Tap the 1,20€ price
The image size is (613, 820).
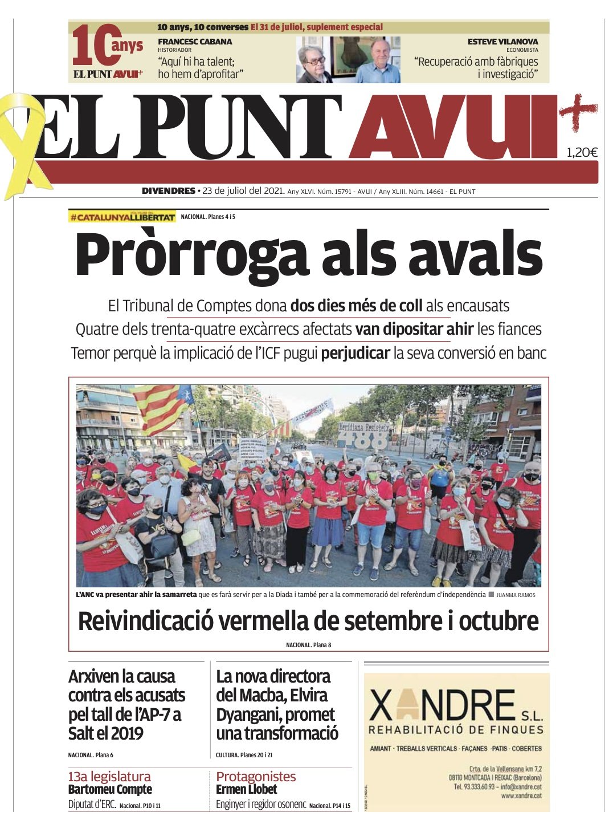(582, 152)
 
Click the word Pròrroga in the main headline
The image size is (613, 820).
(191, 255)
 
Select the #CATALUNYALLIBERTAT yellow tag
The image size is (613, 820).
(122, 217)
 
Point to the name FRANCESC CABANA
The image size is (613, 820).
(195, 42)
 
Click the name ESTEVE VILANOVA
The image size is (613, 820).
(502, 42)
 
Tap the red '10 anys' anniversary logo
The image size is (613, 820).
(108, 51)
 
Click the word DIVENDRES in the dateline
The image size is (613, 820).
(169, 191)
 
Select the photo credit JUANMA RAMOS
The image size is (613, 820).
(516, 595)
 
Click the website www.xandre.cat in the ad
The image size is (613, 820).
(521, 796)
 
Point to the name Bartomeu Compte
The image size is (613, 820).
(110, 790)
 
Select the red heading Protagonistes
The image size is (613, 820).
(256, 777)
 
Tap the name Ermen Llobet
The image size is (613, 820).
(246, 790)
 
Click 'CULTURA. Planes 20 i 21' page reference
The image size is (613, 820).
(244, 755)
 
